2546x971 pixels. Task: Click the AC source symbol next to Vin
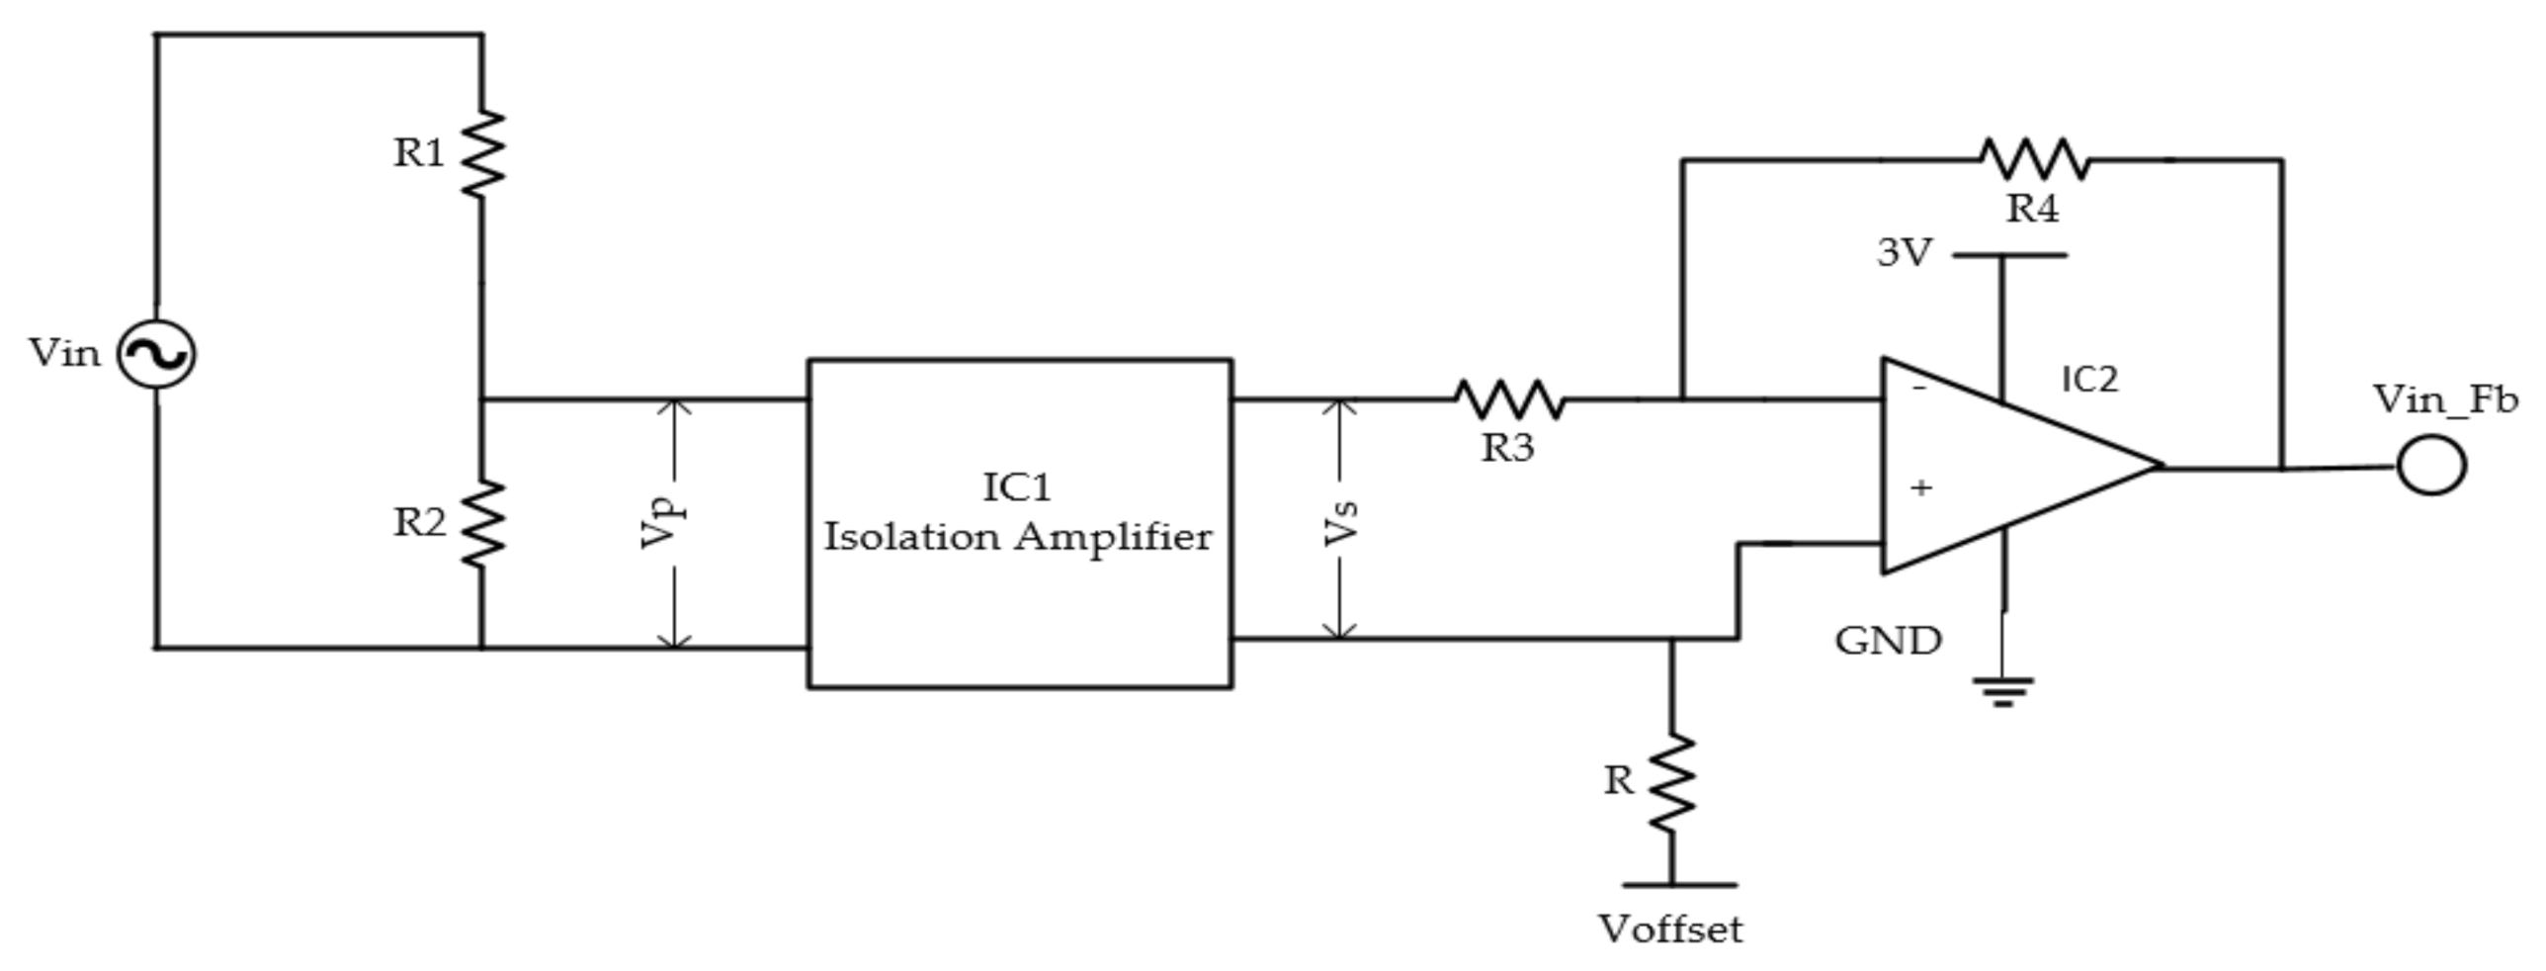[x=156, y=354]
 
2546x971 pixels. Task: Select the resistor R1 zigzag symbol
[x=482, y=153]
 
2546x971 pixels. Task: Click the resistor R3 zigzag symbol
[x=1509, y=399]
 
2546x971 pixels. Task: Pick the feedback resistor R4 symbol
[x=2035, y=159]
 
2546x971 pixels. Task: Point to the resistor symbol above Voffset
[x=1672, y=782]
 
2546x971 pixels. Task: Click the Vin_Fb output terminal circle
[x=2431, y=466]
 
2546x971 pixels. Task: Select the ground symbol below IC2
[x=2003, y=690]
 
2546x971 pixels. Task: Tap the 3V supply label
[x=1904, y=254]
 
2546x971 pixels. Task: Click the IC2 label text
[x=2089, y=380]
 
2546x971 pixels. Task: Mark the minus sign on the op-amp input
[x=1919, y=389]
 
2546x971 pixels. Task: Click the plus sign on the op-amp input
[x=1921, y=487]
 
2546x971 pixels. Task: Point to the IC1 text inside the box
[x=1018, y=487]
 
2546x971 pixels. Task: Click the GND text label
[x=1888, y=642]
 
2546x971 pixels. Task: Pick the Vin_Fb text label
[x=2445, y=400]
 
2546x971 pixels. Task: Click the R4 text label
[x=2033, y=210]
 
